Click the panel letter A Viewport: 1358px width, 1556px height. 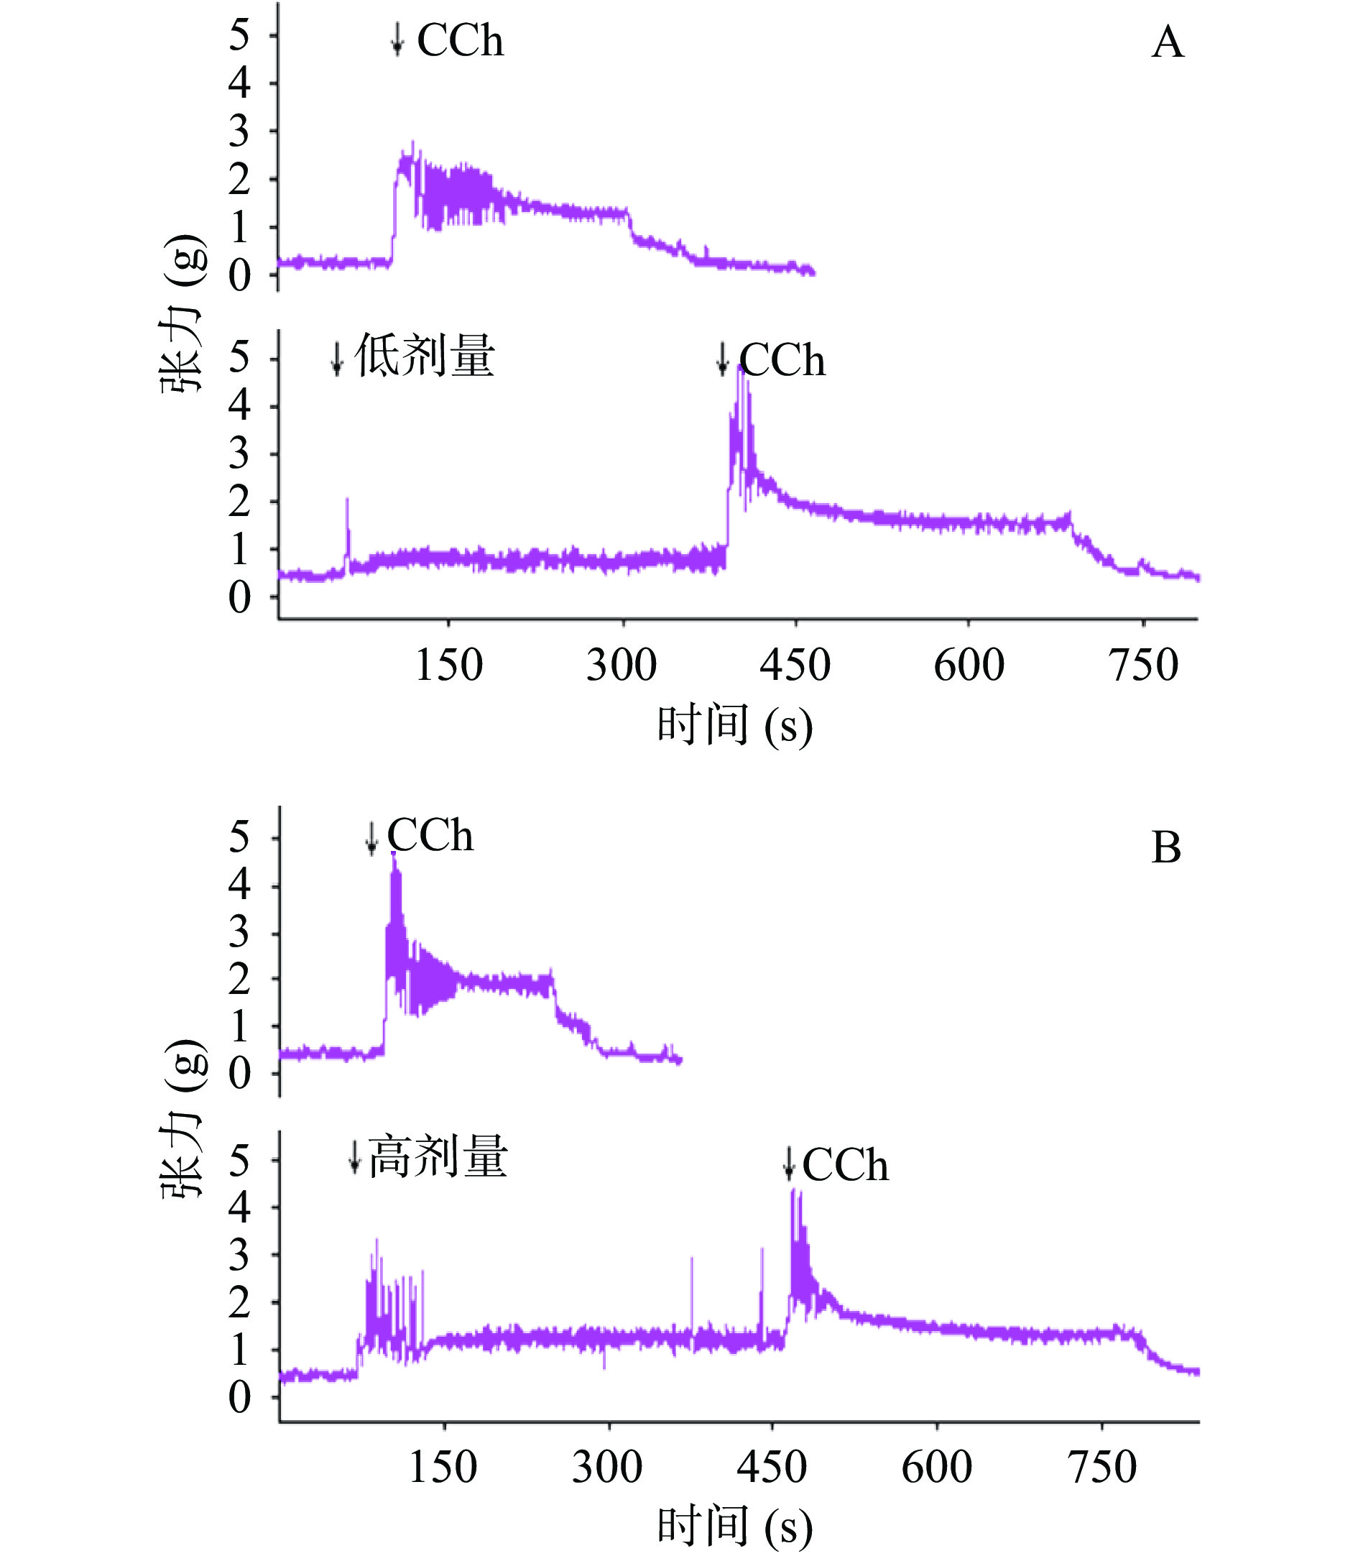pyautogui.click(x=1167, y=42)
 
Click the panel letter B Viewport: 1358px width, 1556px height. pyautogui.click(x=1165, y=847)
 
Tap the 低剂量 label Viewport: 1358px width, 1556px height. pyautogui.click(x=425, y=356)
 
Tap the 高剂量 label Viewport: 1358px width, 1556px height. pyautogui.click(x=438, y=1157)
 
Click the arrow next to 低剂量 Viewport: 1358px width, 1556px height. pyautogui.click(x=337, y=358)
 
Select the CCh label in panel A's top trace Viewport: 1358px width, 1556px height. pyautogui.click(x=460, y=40)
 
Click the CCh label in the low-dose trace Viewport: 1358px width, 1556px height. pyautogui.click(x=782, y=360)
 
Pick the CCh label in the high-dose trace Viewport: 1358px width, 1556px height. pyautogui.click(x=845, y=1165)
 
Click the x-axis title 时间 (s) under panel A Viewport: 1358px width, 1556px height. pyautogui.click(x=734, y=724)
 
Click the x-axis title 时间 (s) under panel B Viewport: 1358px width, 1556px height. pyautogui.click(x=734, y=1525)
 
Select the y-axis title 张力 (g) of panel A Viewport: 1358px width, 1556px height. pyautogui.click(x=183, y=312)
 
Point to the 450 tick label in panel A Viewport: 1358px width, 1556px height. pyautogui.click(x=795, y=666)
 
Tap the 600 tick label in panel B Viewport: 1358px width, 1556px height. pyautogui.click(x=937, y=1467)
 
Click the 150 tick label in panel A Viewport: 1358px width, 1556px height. pyautogui.click(x=448, y=666)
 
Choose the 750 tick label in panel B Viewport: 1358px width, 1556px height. pyautogui.click(x=1102, y=1467)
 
